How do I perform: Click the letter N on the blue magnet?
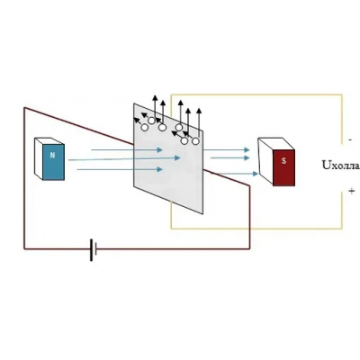click(x=53, y=156)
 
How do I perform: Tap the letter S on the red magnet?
click(x=283, y=161)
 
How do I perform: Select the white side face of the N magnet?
click(x=39, y=158)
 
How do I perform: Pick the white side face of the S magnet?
click(x=265, y=162)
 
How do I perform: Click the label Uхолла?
click(x=341, y=166)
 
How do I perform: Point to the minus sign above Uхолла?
click(x=350, y=139)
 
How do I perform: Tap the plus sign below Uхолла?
click(x=352, y=191)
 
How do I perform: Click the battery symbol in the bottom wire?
click(x=94, y=249)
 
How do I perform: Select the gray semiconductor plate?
click(x=168, y=158)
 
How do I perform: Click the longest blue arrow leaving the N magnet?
click(x=124, y=158)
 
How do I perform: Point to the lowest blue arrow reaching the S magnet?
click(x=236, y=174)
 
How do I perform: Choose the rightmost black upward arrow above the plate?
click(x=199, y=123)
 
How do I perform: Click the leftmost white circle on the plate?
click(x=145, y=128)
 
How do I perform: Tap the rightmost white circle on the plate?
click(x=195, y=141)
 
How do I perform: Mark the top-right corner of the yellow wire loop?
click(x=342, y=94)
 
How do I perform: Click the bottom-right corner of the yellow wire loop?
click(x=342, y=229)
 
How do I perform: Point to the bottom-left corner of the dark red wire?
click(x=24, y=248)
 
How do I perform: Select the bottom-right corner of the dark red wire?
click(x=249, y=248)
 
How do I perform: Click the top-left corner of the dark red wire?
click(x=24, y=108)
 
